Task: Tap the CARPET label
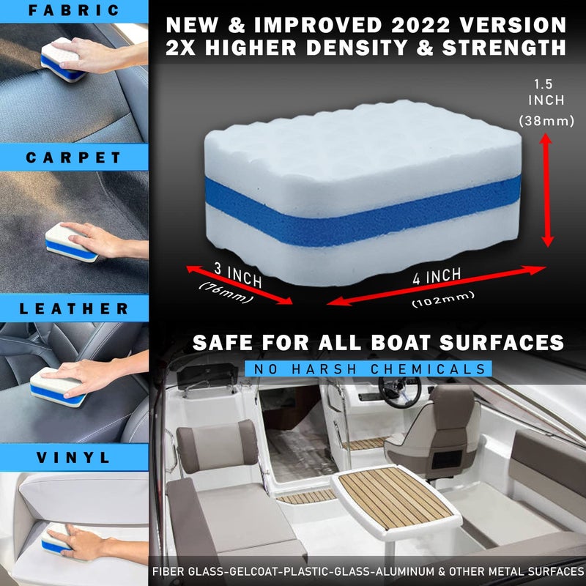(x=74, y=157)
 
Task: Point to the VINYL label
(x=74, y=459)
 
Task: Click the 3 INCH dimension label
(x=237, y=274)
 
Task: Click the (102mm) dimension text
(x=442, y=296)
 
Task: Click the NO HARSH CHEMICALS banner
(x=366, y=368)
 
